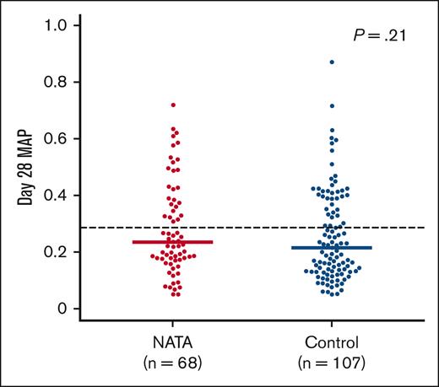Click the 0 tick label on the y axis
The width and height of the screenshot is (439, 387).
(x=63, y=309)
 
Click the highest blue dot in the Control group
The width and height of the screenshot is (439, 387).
(x=332, y=62)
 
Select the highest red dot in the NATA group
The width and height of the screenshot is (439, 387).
(x=174, y=105)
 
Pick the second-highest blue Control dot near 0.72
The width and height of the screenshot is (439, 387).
(x=332, y=106)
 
